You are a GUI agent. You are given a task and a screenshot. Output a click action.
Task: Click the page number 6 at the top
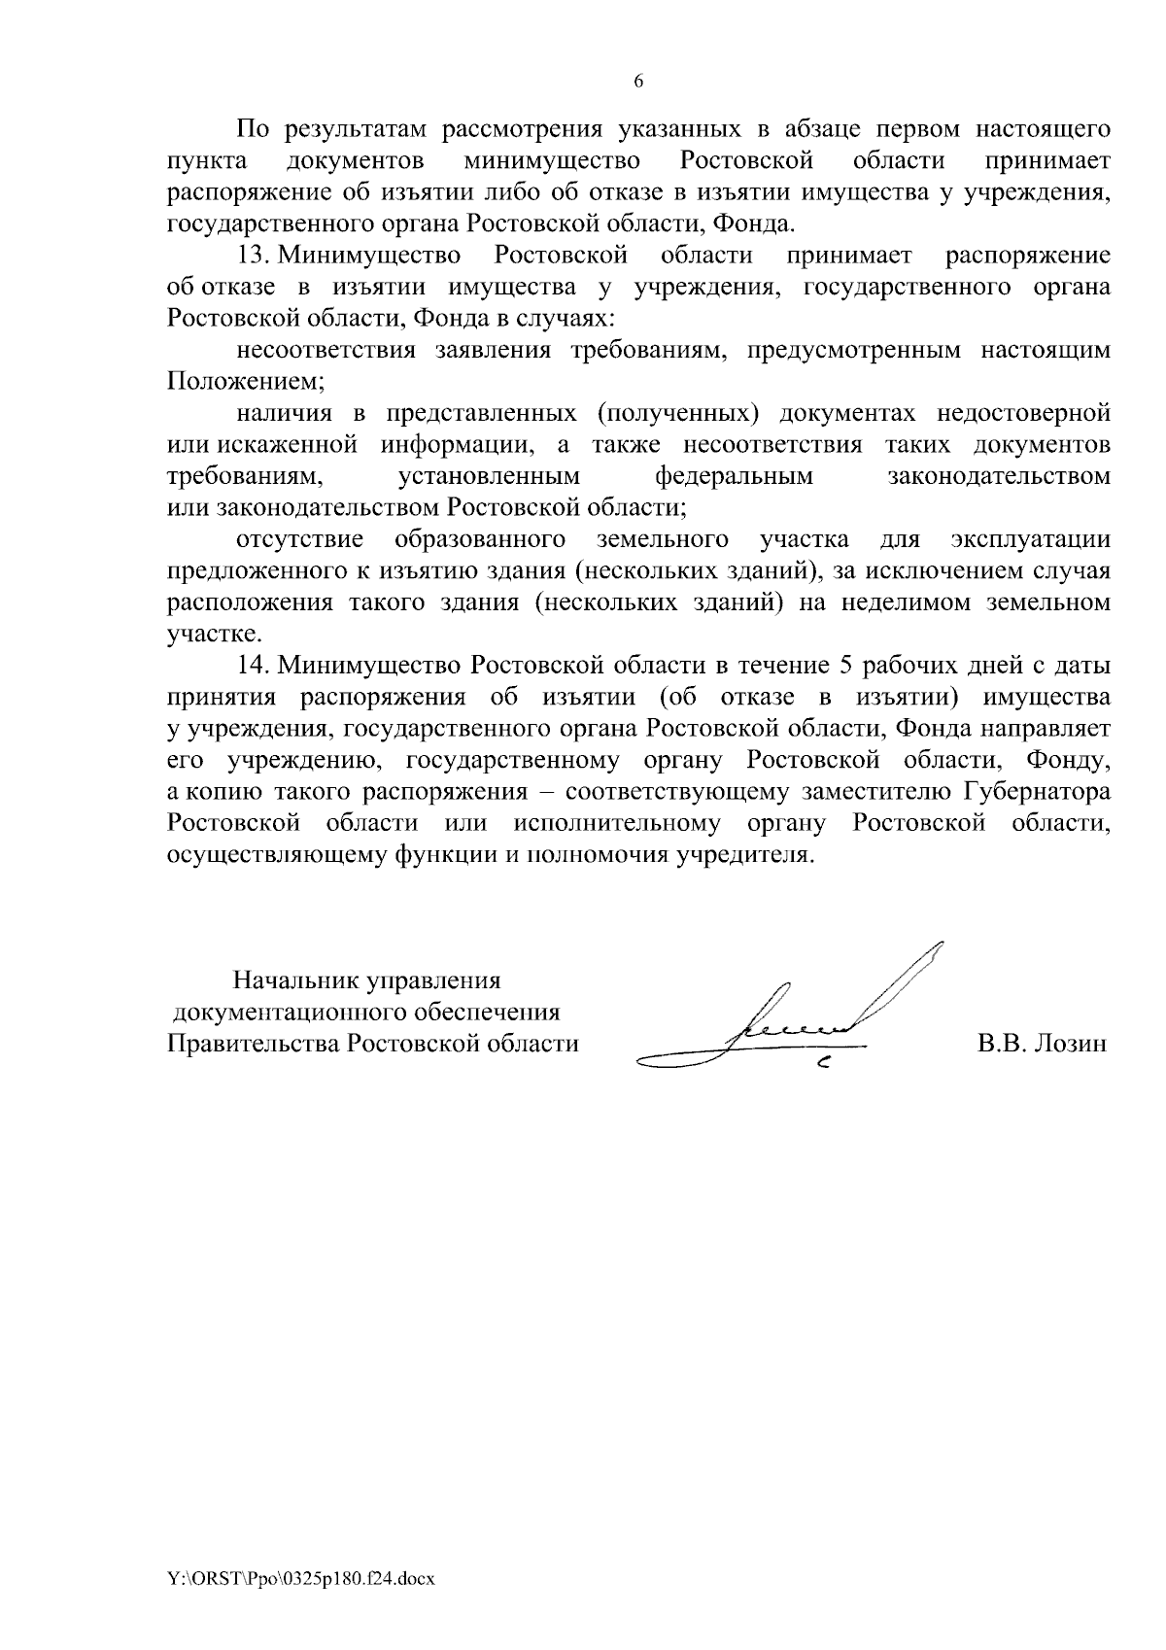point(638,82)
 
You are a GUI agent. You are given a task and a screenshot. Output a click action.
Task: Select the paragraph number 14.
point(256,666)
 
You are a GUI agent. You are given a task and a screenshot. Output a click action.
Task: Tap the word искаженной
point(291,445)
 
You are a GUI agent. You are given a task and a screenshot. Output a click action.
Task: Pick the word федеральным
point(734,476)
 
